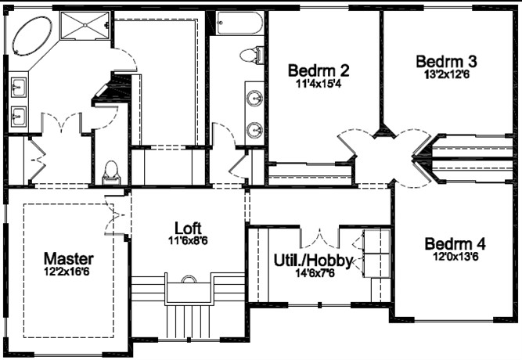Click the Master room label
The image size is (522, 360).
pos(69,259)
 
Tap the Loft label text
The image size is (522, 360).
pos(188,228)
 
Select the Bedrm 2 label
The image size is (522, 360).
pos(319,70)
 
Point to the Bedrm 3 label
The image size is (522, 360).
pos(446,62)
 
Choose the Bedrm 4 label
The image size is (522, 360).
pos(455,243)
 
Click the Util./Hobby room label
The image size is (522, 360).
pos(313,261)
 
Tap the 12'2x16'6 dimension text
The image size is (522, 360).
pos(67,272)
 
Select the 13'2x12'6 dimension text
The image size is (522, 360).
pos(446,74)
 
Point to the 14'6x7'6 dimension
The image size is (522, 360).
pos(315,273)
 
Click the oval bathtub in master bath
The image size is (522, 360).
pos(33,36)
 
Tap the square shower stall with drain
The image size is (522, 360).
pos(85,25)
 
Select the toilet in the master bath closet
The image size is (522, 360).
pos(111,173)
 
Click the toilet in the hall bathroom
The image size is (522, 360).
pos(252,56)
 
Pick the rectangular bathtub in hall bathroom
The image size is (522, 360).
pos(239,23)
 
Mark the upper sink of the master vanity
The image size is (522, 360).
pos(19,88)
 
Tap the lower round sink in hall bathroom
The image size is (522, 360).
pos(254,129)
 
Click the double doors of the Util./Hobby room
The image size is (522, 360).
pos(320,238)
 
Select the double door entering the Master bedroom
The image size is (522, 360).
pos(113,214)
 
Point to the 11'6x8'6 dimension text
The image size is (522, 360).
pos(188,240)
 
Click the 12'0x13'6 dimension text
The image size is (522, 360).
pos(455,257)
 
